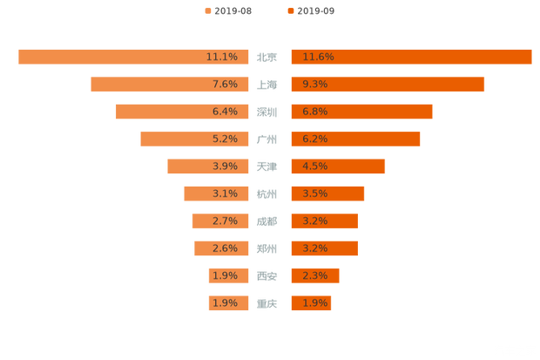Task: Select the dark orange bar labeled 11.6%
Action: (x=410, y=57)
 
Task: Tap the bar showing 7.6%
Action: (x=170, y=85)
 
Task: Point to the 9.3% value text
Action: (x=314, y=85)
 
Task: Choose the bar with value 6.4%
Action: (x=183, y=112)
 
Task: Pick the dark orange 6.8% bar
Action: (x=361, y=112)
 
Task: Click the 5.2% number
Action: (x=225, y=139)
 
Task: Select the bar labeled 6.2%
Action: (x=355, y=139)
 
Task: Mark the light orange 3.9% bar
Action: (x=208, y=166)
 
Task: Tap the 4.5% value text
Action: (x=314, y=166)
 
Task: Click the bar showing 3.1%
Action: (x=217, y=194)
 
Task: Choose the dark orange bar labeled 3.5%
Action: (x=327, y=194)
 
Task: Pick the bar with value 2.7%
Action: (x=220, y=221)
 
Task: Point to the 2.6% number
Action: (x=225, y=248)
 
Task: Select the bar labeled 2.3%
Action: (x=314, y=275)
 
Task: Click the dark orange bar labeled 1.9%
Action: (x=311, y=303)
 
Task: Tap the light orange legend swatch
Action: (x=207, y=11)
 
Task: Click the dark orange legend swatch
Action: (x=289, y=11)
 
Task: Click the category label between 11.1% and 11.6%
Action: (x=267, y=58)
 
